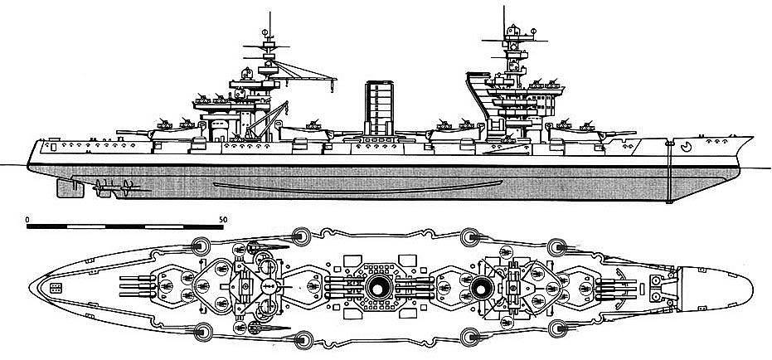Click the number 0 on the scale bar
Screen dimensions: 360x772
point(28,218)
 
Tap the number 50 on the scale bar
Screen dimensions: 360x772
point(222,218)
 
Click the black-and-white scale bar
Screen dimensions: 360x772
point(125,226)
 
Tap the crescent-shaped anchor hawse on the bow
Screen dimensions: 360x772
point(686,149)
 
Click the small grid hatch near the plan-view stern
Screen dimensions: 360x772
point(56,289)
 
